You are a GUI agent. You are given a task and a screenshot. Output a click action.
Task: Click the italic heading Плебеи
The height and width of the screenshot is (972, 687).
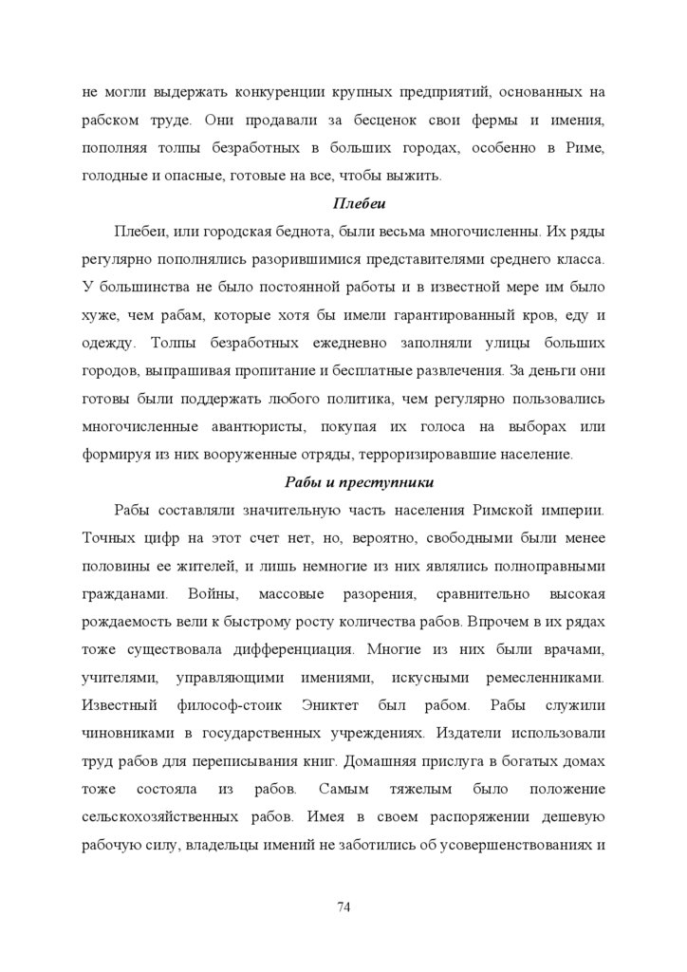(x=357, y=203)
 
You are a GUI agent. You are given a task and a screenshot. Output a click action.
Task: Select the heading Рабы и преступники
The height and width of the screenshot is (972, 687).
(x=357, y=481)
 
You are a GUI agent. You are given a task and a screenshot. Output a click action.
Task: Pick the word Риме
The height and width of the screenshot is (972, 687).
(x=585, y=148)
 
